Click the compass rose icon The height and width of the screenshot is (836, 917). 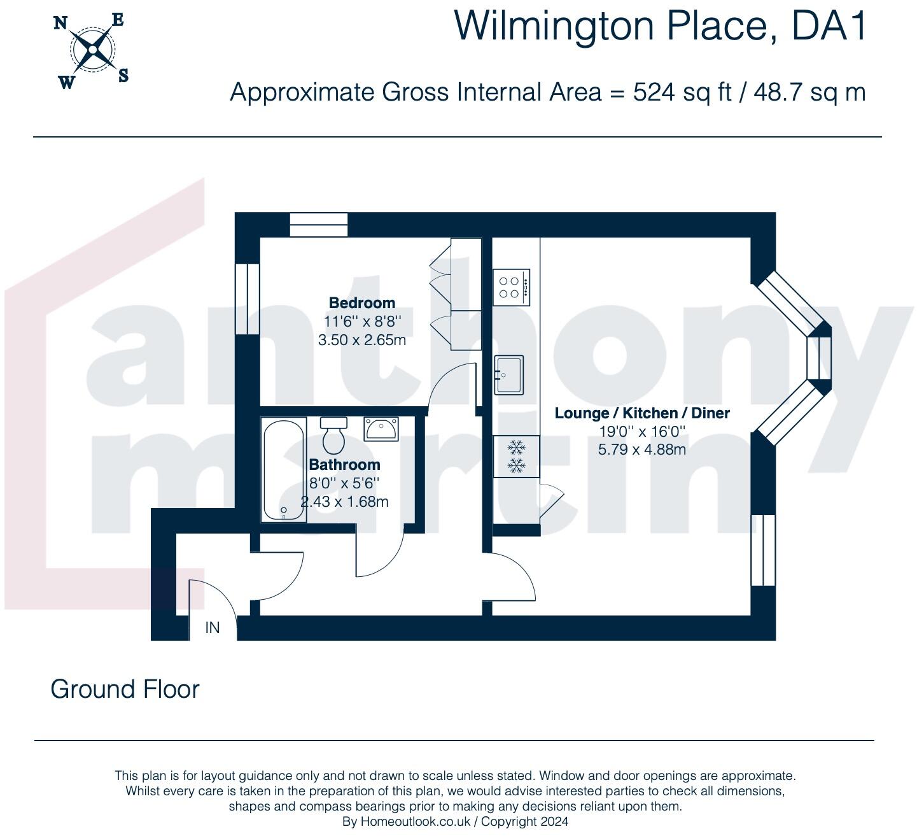[x=93, y=49]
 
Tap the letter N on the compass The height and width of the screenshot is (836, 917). [x=60, y=24]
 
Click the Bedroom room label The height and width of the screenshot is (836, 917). [x=361, y=303]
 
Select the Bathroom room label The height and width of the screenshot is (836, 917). [x=344, y=465]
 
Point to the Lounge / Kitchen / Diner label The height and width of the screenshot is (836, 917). [x=641, y=413]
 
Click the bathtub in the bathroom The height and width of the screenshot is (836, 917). [x=284, y=470]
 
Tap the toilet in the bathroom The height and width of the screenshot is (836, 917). [x=333, y=434]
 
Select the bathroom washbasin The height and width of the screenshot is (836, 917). [x=381, y=429]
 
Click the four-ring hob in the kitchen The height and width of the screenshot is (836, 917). [x=511, y=287]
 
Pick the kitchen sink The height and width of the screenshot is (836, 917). [x=508, y=374]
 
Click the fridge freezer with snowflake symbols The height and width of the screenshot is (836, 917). [x=516, y=456]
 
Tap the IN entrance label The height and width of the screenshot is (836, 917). [x=213, y=628]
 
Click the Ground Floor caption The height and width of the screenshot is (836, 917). [x=125, y=689]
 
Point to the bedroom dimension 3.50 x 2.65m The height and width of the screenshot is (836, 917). [x=361, y=340]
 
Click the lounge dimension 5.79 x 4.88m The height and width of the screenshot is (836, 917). [x=641, y=450]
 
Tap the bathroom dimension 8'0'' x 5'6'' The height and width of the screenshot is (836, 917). [x=344, y=483]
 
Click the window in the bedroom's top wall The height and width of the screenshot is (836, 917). [x=318, y=225]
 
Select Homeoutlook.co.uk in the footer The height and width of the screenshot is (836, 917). [x=416, y=821]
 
